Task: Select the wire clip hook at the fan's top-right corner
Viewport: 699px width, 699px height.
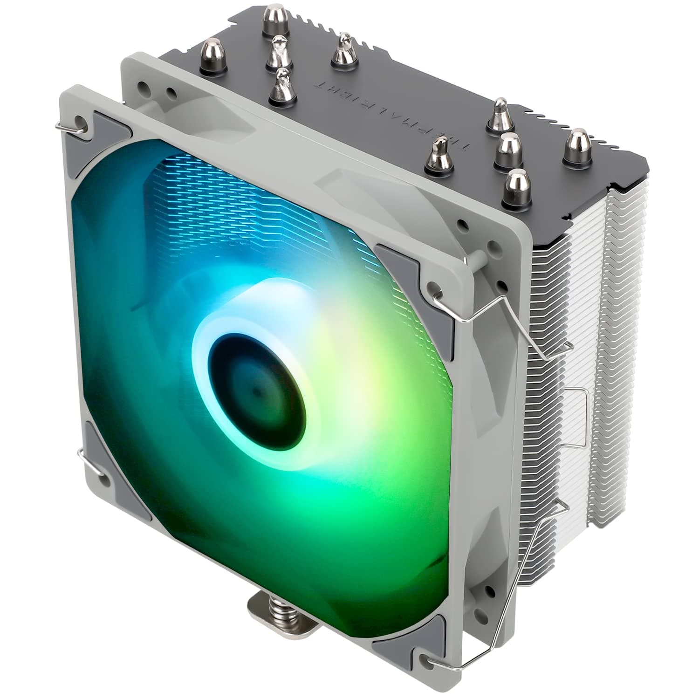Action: coord(443,294)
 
